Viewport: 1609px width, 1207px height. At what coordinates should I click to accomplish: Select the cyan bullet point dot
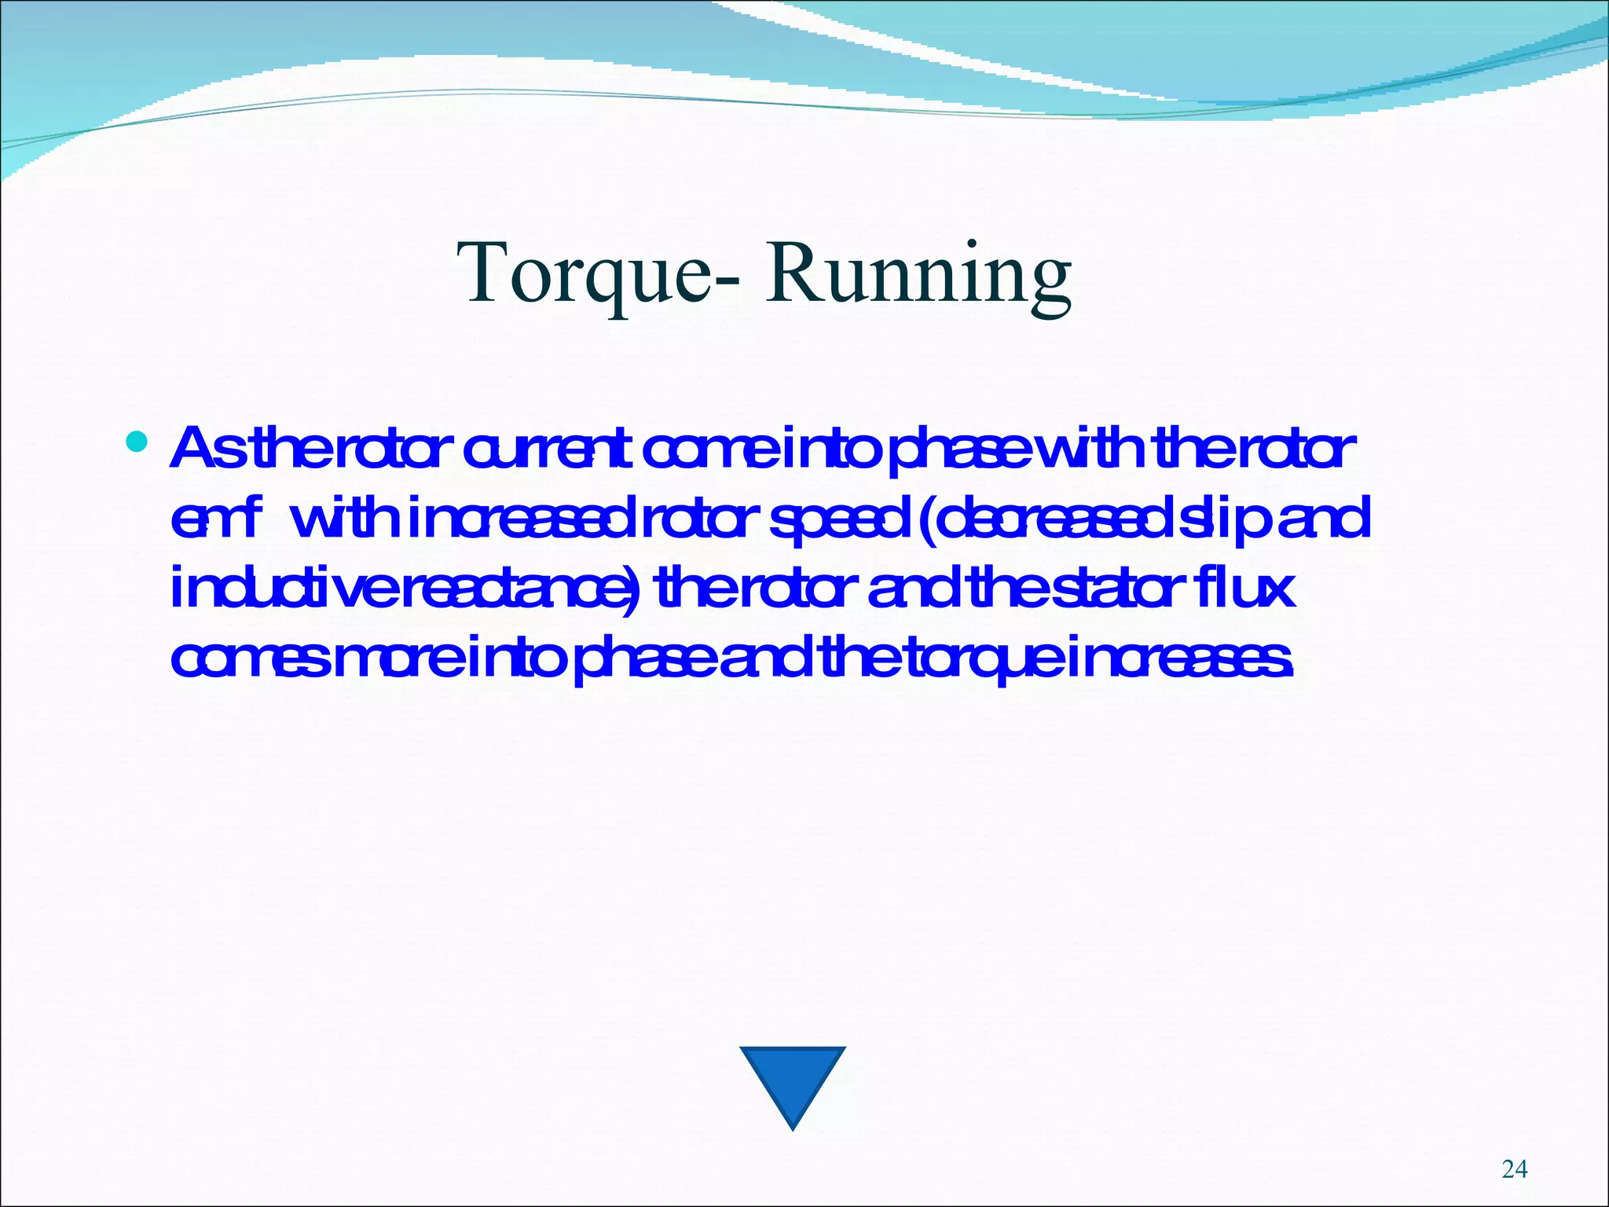136,442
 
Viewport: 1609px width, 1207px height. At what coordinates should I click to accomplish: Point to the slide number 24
1514,1169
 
